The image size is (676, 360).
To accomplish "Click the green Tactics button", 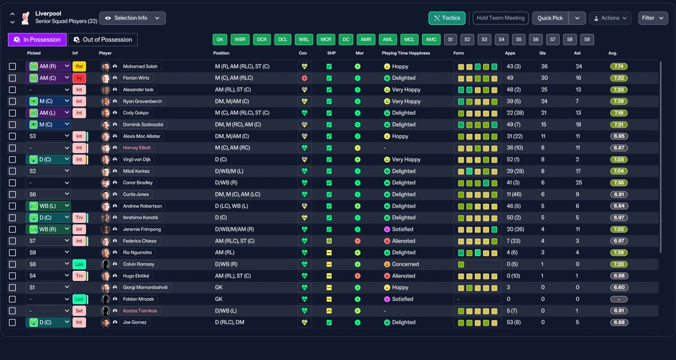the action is (x=447, y=18).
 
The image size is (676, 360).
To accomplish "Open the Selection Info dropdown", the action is (x=132, y=18).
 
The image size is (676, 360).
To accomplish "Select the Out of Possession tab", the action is (x=102, y=40).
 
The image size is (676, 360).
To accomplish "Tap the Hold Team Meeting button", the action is (x=500, y=18).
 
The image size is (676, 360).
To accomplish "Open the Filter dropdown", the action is (x=653, y=18).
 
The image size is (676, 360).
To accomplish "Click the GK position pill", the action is (x=220, y=40).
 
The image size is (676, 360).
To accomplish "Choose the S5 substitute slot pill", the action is (x=519, y=40).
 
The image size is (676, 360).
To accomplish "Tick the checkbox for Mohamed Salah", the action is (x=12, y=67).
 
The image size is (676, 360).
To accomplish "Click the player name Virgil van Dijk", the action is (x=137, y=159).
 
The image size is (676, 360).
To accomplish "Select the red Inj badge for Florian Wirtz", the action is (x=79, y=78).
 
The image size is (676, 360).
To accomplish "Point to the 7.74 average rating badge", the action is (x=618, y=67).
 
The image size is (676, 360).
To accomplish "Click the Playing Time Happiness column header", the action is (x=406, y=53).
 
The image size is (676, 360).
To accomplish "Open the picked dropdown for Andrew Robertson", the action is (x=48, y=206).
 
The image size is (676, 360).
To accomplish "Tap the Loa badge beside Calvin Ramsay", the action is (x=79, y=264).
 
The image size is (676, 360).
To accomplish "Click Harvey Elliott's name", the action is (x=137, y=148).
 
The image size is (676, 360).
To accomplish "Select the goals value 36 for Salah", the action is (x=544, y=67).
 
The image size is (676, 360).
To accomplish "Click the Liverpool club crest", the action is (x=26, y=18).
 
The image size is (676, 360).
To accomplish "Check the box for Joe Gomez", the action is (x=12, y=323).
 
